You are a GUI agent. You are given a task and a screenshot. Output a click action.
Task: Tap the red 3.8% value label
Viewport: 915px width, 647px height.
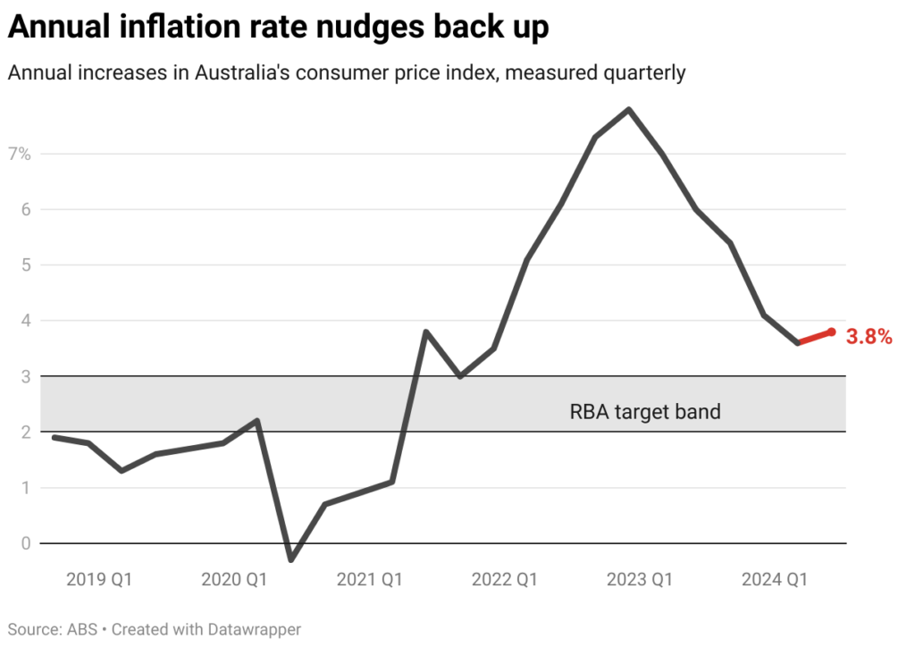(x=869, y=337)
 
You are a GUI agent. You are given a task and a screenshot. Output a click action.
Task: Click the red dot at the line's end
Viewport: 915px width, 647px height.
(x=831, y=332)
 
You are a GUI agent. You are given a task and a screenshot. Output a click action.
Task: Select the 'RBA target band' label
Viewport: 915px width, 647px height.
(x=644, y=412)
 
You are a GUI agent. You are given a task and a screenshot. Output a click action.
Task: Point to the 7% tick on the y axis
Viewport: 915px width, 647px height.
(x=20, y=154)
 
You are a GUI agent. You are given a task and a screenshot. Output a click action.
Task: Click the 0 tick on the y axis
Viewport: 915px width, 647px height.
(x=25, y=542)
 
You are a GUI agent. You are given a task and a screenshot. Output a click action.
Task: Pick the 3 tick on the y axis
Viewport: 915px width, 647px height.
(x=25, y=376)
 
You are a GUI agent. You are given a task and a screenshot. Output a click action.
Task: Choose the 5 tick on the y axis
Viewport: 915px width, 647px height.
(x=25, y=265)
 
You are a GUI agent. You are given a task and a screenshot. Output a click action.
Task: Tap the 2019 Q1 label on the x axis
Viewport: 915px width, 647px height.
(x=99, y=580)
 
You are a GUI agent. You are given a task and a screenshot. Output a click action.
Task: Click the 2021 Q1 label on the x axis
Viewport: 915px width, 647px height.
(x=369, y=580)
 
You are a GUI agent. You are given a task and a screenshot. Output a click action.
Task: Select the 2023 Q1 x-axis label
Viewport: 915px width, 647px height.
(x=639, y=580)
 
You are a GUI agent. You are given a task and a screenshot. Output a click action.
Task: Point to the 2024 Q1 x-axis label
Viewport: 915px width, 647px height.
(x=774, y=580)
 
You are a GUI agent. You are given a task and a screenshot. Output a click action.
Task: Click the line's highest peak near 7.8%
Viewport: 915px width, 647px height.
(x=629, y=109)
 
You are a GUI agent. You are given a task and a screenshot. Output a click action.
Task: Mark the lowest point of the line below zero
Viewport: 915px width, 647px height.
(x=291, y=559)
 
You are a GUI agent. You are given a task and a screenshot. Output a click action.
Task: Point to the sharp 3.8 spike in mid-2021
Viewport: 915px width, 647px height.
(x=426, y=332)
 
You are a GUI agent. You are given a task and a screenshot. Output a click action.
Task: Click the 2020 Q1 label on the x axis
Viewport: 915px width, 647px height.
(x=234, y=580)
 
